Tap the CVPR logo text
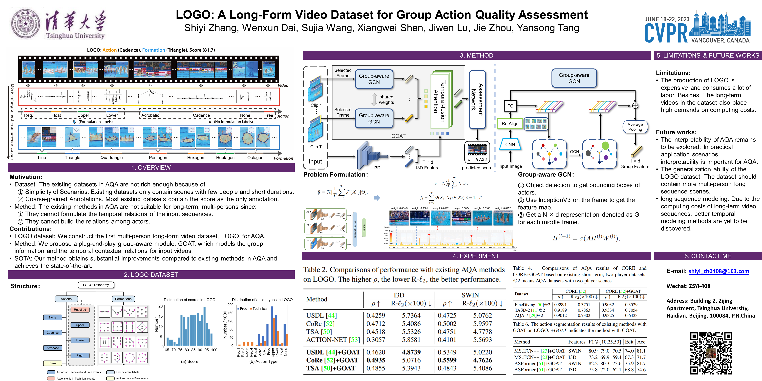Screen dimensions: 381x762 (666, 33)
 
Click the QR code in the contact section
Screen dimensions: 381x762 (711, 353)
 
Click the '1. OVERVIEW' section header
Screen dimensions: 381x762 (151, 167)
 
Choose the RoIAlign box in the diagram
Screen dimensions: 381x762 (510, 124)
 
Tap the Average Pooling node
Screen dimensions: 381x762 (635, 127)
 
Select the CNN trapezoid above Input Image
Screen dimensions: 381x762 (510, 144)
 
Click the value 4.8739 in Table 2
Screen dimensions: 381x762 (411, 352)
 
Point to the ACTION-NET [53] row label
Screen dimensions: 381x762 (333, 340)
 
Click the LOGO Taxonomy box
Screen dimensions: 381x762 (96, 285)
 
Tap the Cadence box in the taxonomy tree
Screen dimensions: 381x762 (53, 333)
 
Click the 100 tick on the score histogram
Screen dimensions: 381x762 (214, 350)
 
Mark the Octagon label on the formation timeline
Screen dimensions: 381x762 (255, 158)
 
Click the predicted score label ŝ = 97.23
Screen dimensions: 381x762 (477, 159)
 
